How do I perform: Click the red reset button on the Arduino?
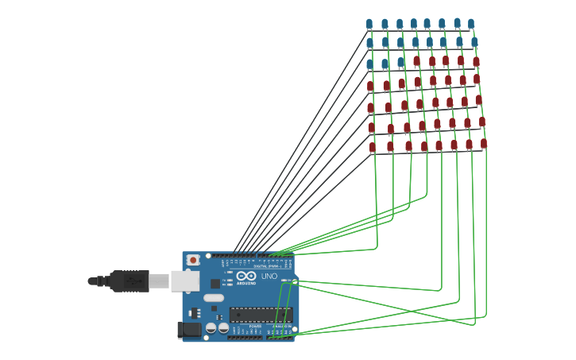(x=192, y=260)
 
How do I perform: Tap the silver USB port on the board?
(x=184, y=281)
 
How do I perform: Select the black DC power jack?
(x=188, y=328)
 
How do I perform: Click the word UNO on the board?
(x=269, y=276)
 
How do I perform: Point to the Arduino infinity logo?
(x=246, y=276)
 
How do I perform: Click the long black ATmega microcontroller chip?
(x=261, y=315)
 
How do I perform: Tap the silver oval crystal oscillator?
(x=214, y=298)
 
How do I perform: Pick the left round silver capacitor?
(x=211, y=327)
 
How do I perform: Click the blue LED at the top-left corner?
(x=369, y=24)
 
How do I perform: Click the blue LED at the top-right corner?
(x=471, y=24)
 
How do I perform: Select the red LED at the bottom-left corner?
(x=372, y=147)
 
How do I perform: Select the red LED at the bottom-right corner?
(x=484, y=144)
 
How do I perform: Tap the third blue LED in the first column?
(x=369, y=64)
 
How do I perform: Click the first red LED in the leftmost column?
(x=370, y=86)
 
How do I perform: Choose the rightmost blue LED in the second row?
(x=474, y=42)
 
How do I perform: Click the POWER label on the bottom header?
(x=255, y=326)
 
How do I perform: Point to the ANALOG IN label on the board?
(x=281, y=326)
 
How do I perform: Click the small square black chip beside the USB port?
(x=215, y=284)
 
